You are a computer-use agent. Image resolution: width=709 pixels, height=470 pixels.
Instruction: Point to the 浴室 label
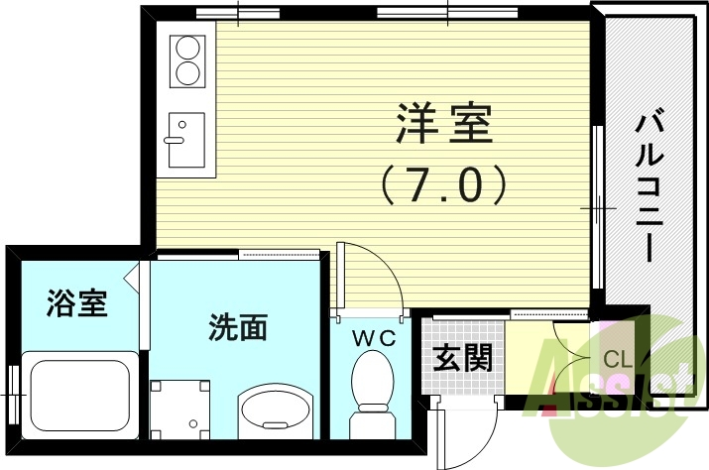click(x=76, y=303)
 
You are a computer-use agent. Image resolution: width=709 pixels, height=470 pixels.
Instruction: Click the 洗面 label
click(x=238, y=327)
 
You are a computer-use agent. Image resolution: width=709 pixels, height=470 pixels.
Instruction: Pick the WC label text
click(x=376, y=338)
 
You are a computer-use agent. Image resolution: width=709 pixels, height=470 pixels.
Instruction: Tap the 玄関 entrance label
click(x=464, y=357)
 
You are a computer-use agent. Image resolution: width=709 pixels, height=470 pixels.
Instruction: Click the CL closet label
click(x=619, y=359)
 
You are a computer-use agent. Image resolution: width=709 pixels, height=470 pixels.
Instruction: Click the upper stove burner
click(x=185, y=47)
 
